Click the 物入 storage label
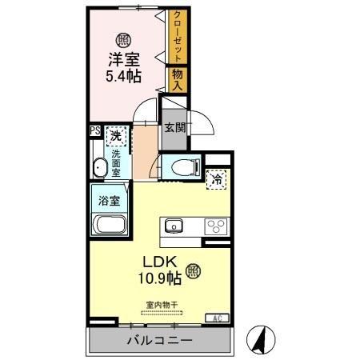(177, 78)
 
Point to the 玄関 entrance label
(174, 126)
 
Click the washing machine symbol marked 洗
(118, 137)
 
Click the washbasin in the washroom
(100, 168)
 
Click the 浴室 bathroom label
(109, 200)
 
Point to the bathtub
(107, 225)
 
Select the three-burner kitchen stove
(216, 226)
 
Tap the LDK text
(160, 262)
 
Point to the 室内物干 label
(160, 303)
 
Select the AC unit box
(216, 318)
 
